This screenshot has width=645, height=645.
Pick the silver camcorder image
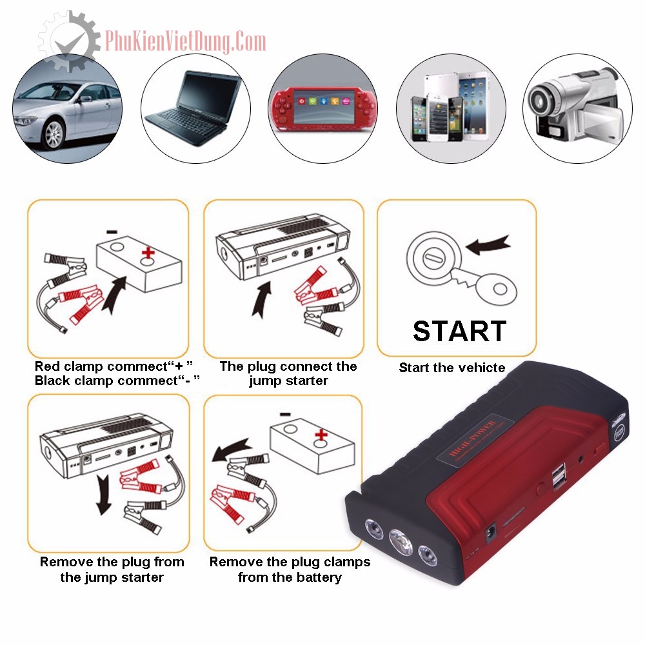[576, 106]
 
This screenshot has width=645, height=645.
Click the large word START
[459, 331]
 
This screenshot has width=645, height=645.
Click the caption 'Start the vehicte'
[451, 368]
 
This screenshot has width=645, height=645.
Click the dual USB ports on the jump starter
[557, 478]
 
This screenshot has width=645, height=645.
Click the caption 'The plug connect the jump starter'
[288, 373]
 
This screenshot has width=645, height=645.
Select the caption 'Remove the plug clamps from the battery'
[290, 569]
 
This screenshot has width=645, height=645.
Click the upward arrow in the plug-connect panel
[262, 297]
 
